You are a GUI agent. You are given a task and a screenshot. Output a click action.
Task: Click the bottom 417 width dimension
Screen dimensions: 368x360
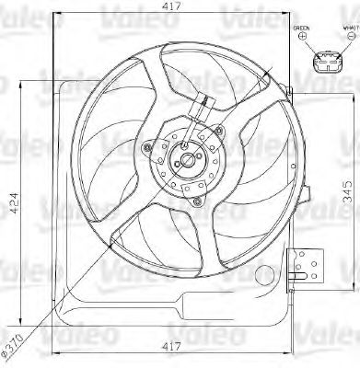pyautogui.click(x=169, y=348)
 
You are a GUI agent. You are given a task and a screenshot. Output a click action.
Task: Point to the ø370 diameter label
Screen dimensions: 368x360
pyautogui.click(x=14, y=345)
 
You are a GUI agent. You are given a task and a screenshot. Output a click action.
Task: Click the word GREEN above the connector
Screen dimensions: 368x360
pyautogui.click(x=302, y=29)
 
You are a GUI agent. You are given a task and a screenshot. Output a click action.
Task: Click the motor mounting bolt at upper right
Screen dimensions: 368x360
pyautogui.click(x=218, y=133)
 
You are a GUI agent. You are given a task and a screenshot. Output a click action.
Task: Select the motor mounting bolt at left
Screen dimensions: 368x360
pyautogui.click(x=148, y=145)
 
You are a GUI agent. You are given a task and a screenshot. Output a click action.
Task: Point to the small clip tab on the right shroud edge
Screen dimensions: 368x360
pyautogui.click(x=292, y=90)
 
